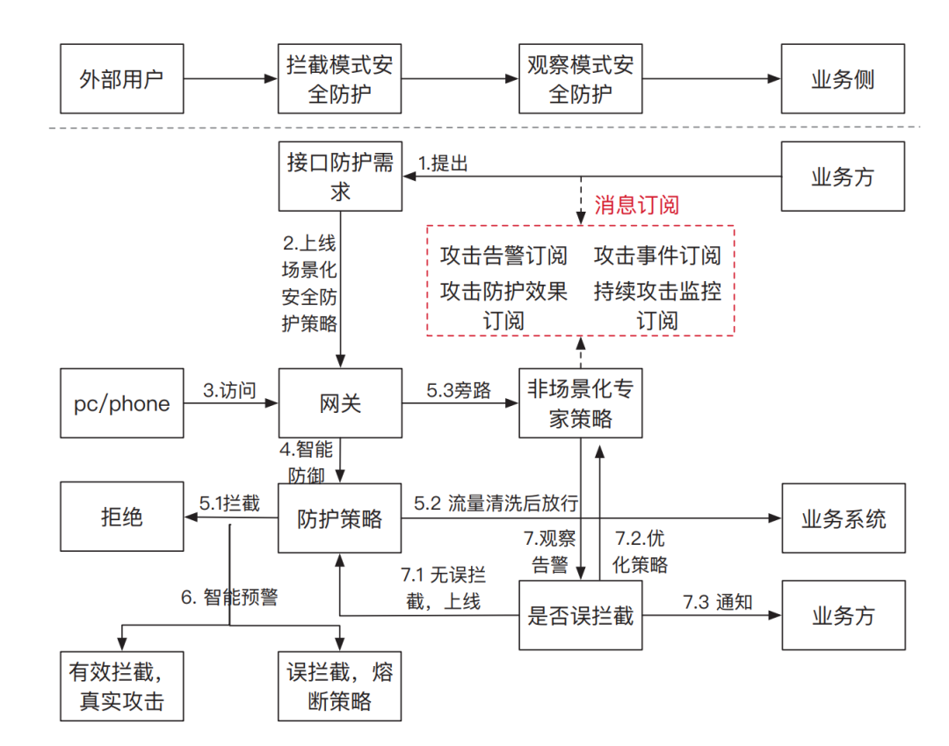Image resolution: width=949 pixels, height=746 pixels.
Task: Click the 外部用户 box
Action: pos(122,79)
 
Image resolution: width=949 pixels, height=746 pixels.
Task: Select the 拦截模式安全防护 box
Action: pos(339,79)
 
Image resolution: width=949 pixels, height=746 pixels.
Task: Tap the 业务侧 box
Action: pos(843,79)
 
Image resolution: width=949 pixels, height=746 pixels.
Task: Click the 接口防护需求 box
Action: pos(339,177)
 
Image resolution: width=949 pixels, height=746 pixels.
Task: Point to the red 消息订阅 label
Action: pos(637,205)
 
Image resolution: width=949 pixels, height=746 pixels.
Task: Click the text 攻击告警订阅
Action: pos(503,256)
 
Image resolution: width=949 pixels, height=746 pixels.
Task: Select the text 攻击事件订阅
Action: pos(657,256)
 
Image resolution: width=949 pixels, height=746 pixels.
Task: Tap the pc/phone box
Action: pos(122,403)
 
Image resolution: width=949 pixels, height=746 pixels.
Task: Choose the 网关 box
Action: pos(339,403)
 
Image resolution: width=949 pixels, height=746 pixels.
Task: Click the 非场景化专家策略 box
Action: pos(580,403)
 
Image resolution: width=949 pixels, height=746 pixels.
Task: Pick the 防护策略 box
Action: pos(339,518)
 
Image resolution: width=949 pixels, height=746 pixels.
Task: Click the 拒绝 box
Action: pos(122,518)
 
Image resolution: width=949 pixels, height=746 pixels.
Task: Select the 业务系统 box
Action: pos(843,518)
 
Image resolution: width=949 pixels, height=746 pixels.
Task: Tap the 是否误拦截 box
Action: pos(580,615)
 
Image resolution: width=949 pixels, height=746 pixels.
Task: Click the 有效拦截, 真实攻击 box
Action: pos(122,686)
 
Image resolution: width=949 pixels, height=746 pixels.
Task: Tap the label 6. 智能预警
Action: pos(229,598)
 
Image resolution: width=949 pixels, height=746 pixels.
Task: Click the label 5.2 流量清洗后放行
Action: pos(496,503)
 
